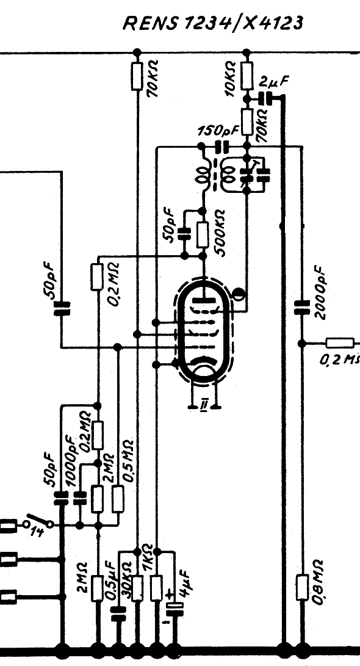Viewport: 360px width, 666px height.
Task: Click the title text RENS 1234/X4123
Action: coord(213,23)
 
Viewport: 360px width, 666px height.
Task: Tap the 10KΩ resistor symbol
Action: coord(247,76)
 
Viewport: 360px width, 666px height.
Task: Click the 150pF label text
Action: coord(218,131)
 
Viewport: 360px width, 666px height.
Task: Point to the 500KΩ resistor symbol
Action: coord(203,234)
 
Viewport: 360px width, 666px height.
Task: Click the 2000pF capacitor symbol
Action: coord(302,308)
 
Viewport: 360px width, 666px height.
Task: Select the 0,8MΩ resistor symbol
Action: coord(302,587)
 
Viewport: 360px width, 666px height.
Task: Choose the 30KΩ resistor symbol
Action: coord(137,588)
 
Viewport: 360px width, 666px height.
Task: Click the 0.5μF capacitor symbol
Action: coord(118,614)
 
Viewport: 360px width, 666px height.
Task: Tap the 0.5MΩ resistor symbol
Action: coord(118,499)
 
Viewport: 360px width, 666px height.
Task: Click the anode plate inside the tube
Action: coord(203,301)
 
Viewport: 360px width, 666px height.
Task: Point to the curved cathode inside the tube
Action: coord(203,361)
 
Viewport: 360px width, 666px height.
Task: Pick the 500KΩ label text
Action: coord(220,233)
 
